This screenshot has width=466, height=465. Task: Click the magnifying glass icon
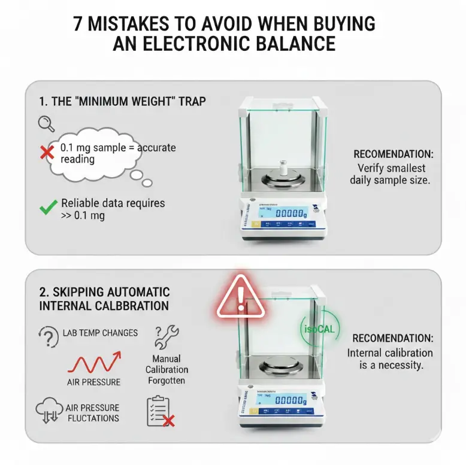click(x=46, y=124)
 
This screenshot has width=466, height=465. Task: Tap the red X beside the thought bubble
click(x=47, y=152)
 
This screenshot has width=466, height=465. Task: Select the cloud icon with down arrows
click(x=49, y=411)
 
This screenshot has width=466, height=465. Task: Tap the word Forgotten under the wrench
click(x=166, y=381)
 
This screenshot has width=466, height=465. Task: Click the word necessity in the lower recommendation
click(x=398, y=364)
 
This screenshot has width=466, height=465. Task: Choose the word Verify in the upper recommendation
click(x=374, y=168)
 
